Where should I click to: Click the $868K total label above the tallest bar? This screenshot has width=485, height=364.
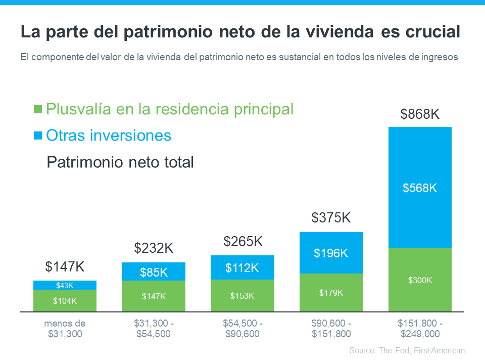(x=420, y=114)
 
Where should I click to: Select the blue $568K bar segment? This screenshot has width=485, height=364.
(x=420, y=188)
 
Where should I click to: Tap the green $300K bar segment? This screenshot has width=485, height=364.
(x=420, y=280)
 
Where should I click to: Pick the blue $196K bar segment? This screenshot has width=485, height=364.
(x=331, y=253)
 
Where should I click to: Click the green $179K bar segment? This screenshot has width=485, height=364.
(x=331, y=292)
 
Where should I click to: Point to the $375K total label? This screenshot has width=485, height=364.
(x=331, y=218)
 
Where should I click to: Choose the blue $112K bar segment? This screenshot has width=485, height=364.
(x=243, y=267)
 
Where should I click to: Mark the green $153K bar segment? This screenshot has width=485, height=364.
(x=243, y=296)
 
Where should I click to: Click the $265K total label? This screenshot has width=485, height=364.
(x=243, y=242)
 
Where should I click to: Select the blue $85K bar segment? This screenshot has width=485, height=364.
(x=154, y=271)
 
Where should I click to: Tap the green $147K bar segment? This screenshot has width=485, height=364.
(x=154, y=296)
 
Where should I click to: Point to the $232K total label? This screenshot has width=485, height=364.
(x=154, y=248)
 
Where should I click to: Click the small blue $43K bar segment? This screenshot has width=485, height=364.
(x=65, y=285)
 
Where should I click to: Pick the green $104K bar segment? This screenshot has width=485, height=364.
(x=65, y=301)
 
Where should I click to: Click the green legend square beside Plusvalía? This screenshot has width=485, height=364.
(x=37, y=109)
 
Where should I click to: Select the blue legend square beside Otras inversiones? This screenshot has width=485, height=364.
(x=37, y=135)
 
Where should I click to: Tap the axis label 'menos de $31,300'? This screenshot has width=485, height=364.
(x=65, y=329)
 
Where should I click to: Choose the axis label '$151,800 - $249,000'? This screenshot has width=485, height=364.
(x=420, y=329)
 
